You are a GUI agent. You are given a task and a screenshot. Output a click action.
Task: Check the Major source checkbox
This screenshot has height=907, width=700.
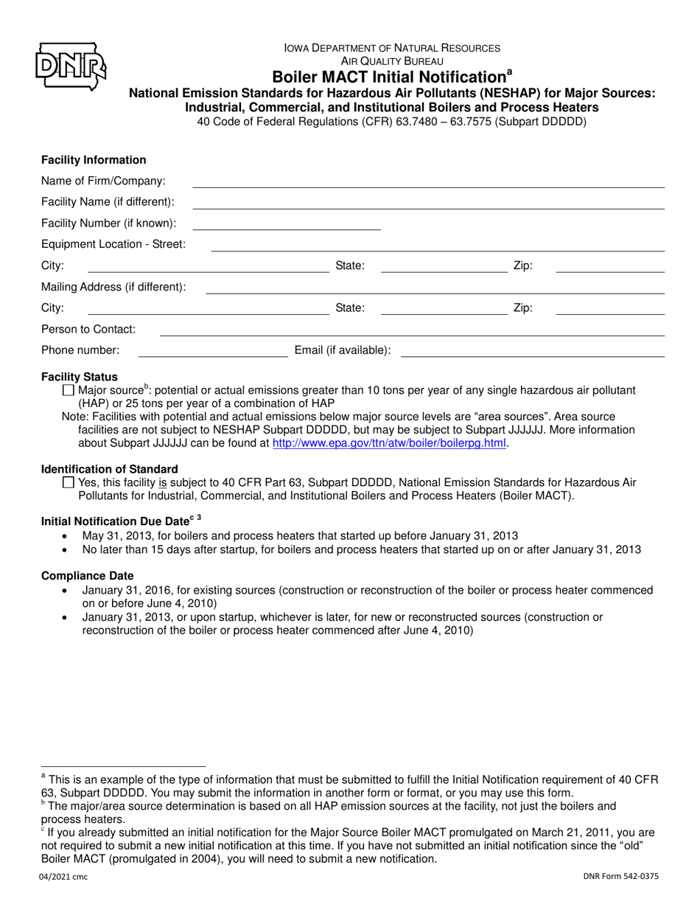69,390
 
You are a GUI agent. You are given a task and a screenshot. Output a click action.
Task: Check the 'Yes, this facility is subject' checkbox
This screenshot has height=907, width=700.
69,483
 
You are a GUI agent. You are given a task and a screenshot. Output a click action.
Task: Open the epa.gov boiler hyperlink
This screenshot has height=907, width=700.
390,443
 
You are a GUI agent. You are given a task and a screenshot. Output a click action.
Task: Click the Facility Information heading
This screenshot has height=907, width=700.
94,160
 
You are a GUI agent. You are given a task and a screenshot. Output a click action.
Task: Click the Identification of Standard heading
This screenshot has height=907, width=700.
109,469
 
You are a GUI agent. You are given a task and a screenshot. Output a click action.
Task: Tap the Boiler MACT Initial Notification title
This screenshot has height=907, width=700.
393,77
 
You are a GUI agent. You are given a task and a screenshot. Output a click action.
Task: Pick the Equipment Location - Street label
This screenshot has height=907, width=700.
113,244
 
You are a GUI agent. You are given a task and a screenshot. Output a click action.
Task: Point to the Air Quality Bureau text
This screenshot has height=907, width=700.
392,61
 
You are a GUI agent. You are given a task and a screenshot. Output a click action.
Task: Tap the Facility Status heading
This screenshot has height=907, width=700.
80,377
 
